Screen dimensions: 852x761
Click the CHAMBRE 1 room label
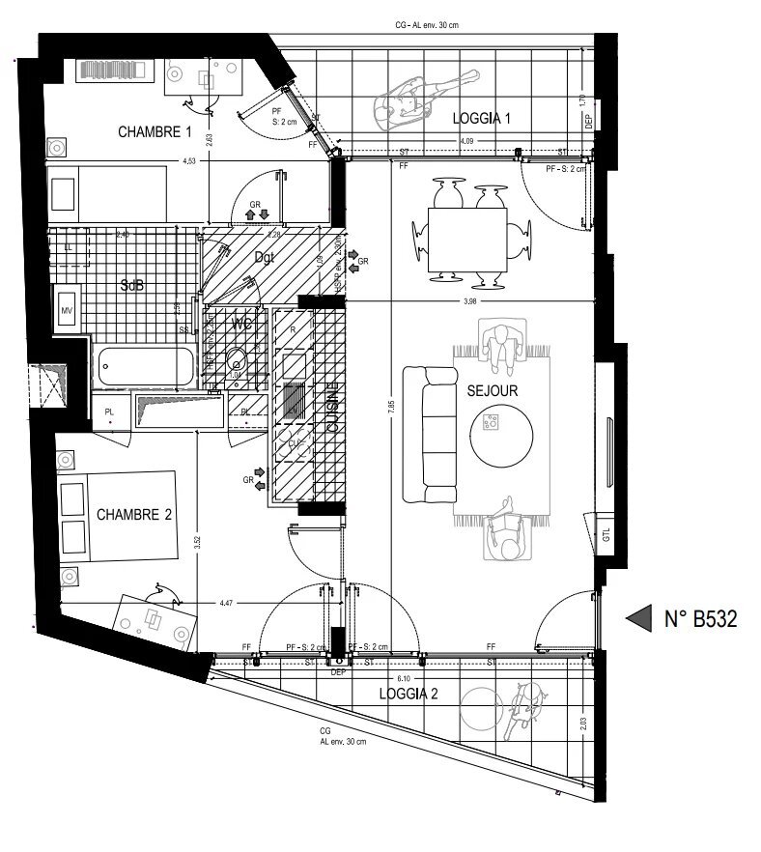155,131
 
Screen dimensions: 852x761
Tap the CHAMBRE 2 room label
133,515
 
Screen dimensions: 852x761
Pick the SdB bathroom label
133,286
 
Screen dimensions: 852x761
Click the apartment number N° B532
701,619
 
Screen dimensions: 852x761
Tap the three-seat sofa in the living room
429,435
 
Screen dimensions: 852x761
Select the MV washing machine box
68,310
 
